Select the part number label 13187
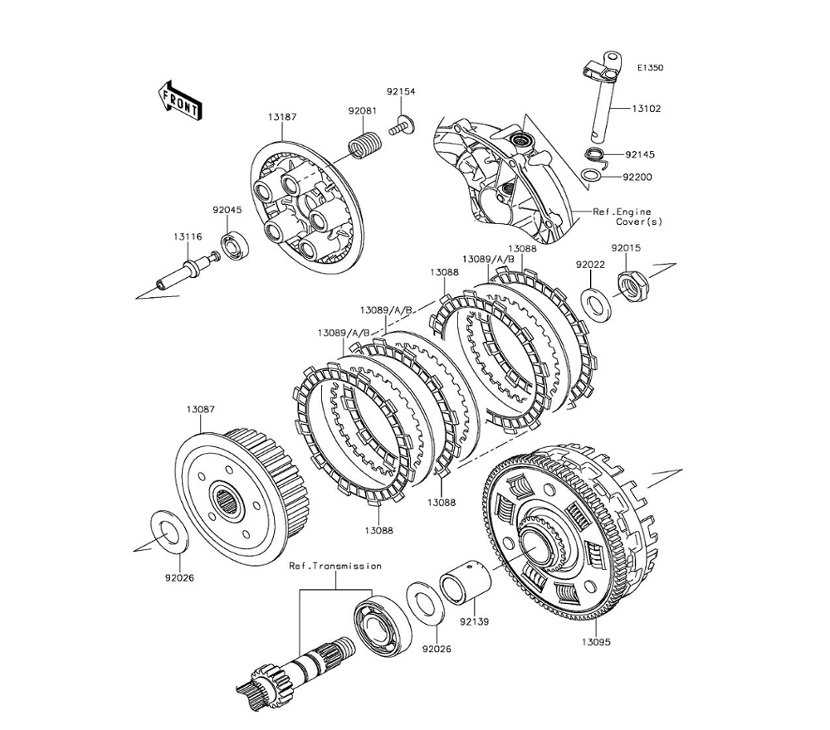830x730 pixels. tap(283, 117)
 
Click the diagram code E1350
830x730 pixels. tap(650, 68)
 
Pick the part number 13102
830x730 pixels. tap(647, 109)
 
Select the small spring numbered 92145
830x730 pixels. tap(594, 154)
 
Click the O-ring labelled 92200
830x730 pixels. tap(591, 175)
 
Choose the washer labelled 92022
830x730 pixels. tap(597, 304)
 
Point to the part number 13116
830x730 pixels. tap(187, 237)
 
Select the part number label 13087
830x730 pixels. tap(200, 410)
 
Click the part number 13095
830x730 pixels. tap(597, 642)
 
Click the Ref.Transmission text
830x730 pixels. tap(335, 566)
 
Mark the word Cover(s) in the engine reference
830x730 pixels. tap(639, 222)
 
